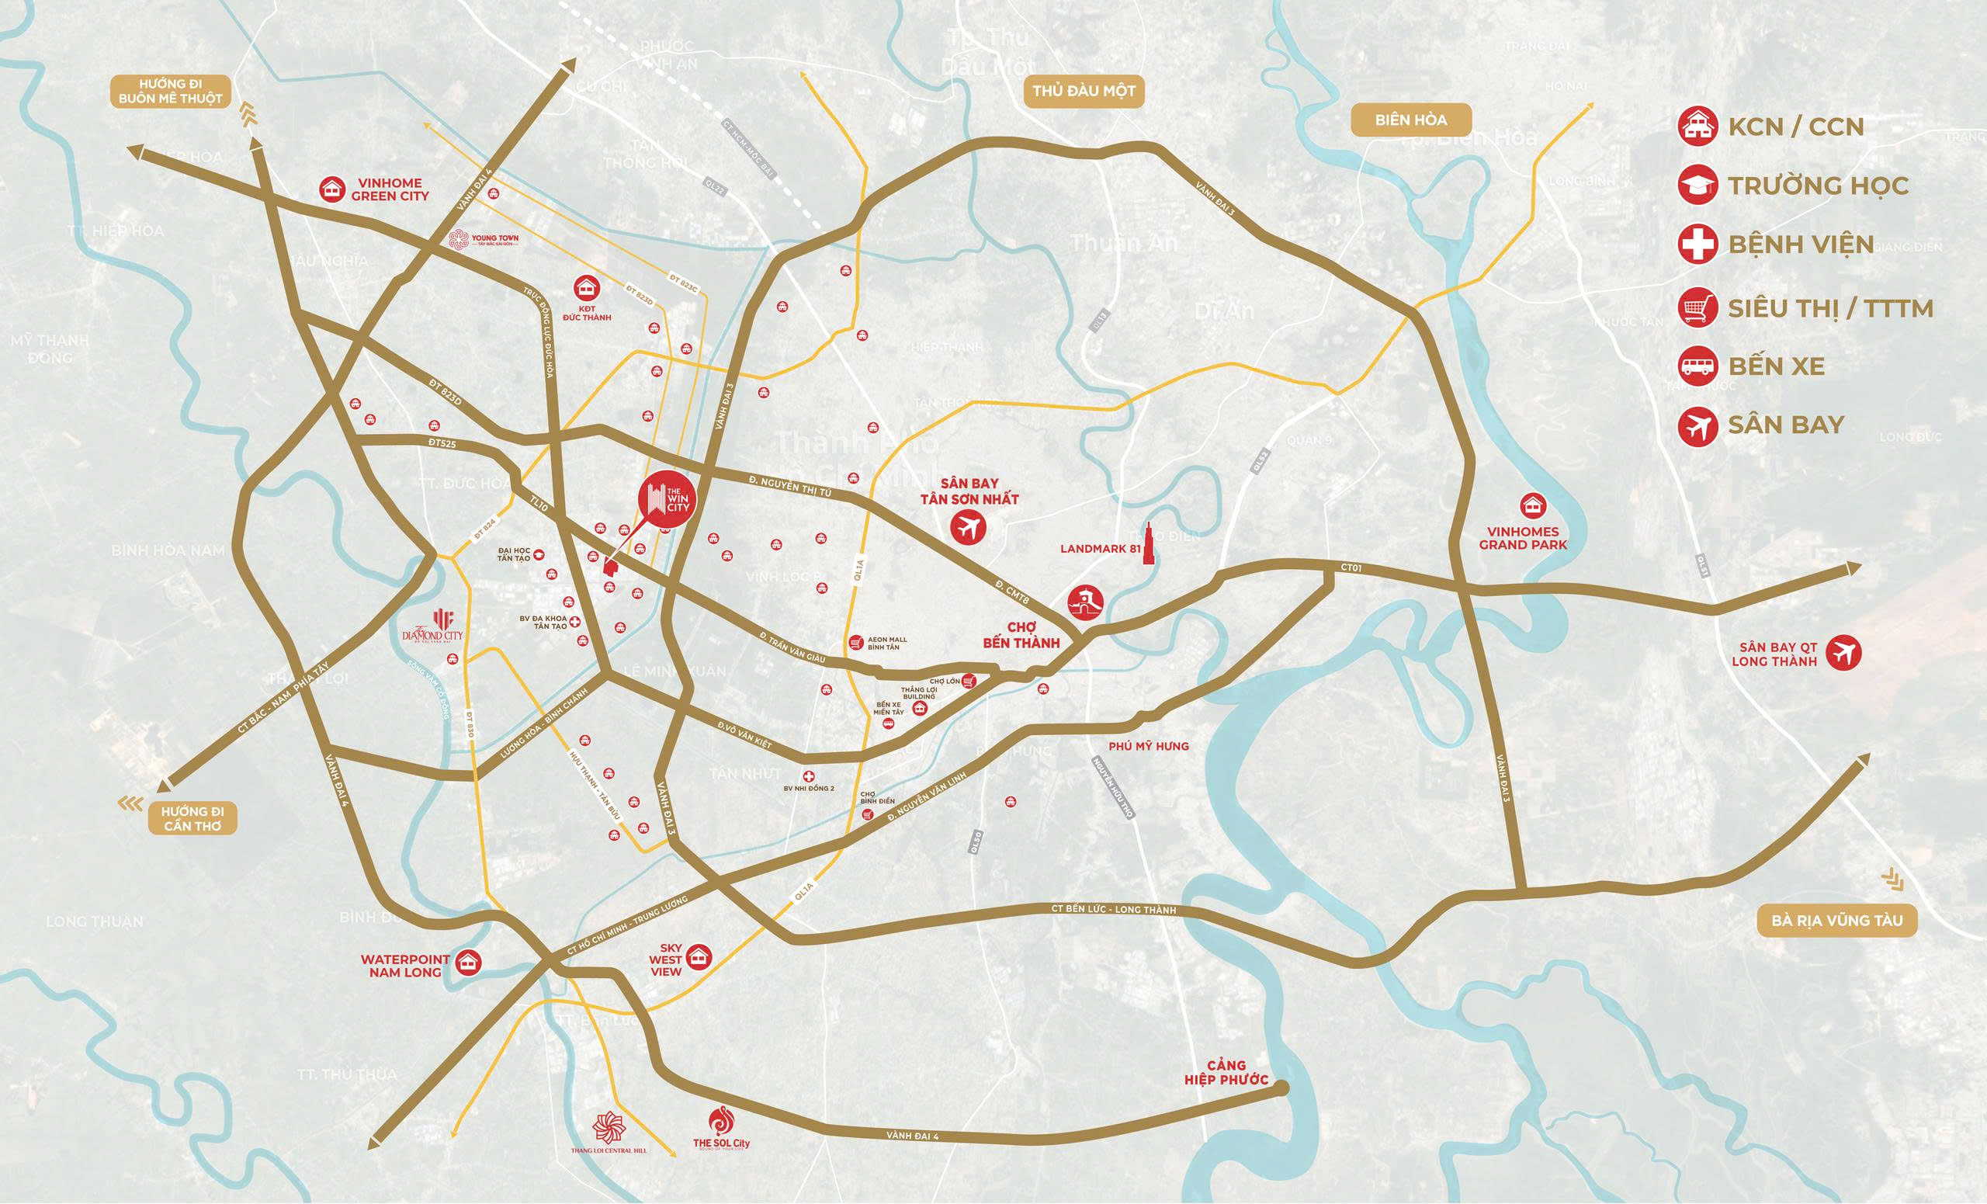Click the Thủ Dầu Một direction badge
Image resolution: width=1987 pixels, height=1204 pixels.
click(x=1083, y=91)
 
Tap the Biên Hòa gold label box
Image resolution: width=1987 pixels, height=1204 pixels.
click(x=1410, y=120)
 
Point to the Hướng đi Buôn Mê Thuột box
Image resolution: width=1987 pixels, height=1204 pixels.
click(x=170, y=91)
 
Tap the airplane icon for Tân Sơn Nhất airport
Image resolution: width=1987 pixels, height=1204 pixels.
click(x=969, y=529)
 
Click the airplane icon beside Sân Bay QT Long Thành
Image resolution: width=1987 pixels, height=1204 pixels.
click(x=1843, y=652)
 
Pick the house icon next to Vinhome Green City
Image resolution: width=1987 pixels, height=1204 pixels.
click(x=331, y=189)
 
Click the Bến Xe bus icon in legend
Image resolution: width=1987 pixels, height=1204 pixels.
click(x=1697, y=367)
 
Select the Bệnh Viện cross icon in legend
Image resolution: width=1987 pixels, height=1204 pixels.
click(x=1697, y=245)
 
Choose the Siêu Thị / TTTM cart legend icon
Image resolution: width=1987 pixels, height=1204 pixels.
click(x=1697, y=307)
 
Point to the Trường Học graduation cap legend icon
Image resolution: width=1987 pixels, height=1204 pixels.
click(x=1697, y=186)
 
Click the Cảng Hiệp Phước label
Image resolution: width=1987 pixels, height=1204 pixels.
click(x=1226, y=1074)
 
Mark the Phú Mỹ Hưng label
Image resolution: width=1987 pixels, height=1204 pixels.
click(x=1148, y=747)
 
